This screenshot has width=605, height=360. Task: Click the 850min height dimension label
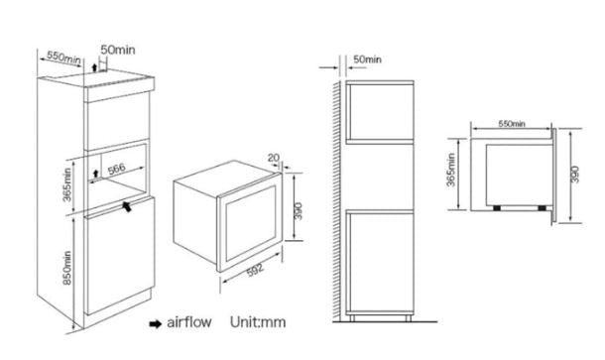point(67,268)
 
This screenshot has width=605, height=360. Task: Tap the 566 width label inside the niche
point(116,169)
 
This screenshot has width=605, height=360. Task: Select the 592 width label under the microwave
point(256,270)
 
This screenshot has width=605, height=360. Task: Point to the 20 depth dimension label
point(273,158)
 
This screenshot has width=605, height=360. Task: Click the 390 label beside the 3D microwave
point(299,211)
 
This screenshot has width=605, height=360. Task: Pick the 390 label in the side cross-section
point(574,175)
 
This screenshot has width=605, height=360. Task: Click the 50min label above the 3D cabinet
point(118,50)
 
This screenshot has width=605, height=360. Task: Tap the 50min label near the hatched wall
point(367,60)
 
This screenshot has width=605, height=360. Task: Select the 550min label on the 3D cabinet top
point(63,58)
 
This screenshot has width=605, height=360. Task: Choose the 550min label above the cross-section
point(512,124)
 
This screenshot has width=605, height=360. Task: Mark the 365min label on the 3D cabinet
point(67,184)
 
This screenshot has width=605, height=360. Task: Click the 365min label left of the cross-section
point(451,170)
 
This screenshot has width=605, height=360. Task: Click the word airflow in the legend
point(189,322)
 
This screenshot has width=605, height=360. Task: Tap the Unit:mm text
point(258,322)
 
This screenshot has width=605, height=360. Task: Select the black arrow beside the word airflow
point(155,323)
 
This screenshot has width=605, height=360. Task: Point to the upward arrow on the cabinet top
point(94,68)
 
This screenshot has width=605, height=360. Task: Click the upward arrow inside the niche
point(95,173)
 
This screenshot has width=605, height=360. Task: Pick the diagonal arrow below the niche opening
point(127,206)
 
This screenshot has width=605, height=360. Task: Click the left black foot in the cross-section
point(497,208)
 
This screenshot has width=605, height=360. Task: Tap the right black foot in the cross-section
point(543,208)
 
